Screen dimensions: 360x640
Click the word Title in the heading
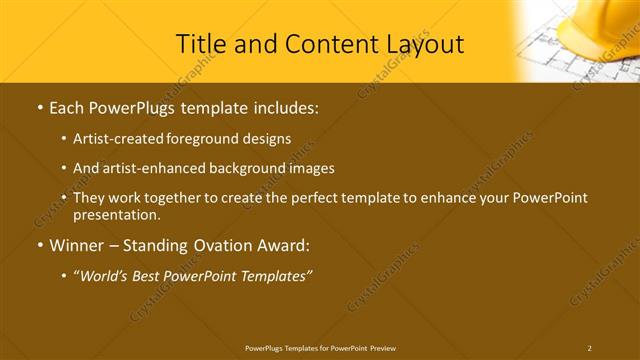click(199, 44)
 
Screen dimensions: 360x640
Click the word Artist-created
click(119, 138)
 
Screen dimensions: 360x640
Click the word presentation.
click(116, 215)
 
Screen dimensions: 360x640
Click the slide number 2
click(589, 347)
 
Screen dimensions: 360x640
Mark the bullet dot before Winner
click(39, 246)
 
